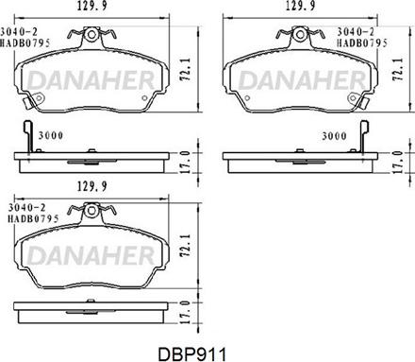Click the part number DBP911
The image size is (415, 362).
[191, 354]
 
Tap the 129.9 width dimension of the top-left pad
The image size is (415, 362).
[92, 7]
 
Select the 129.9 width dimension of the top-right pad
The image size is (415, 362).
[300, 6]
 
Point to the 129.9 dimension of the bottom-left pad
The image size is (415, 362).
[92, 186]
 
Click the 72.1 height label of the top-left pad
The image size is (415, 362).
[186, 69]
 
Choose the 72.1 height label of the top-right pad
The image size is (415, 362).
[398, 69]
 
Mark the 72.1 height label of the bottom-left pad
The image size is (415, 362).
[186, 245]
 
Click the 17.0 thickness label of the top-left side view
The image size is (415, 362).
[186, 162]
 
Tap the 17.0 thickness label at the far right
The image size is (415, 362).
[398, 162]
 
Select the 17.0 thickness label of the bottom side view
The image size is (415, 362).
[186, 313]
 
